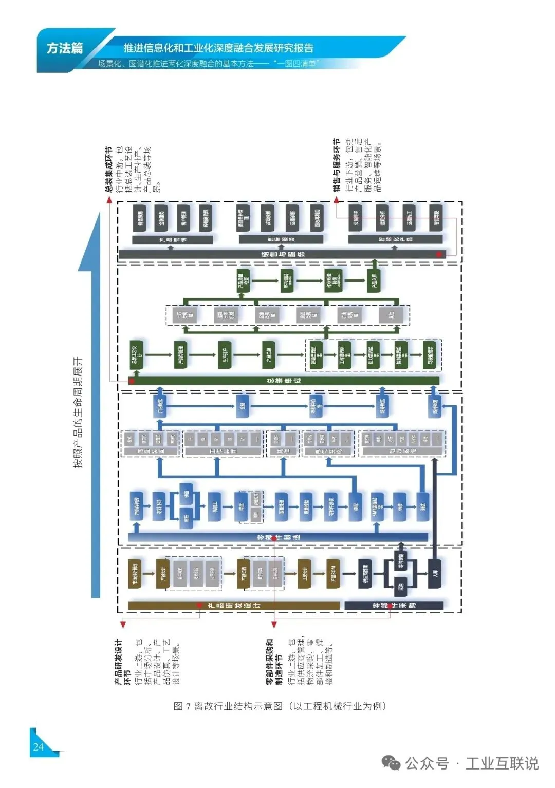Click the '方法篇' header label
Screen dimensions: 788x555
click(x=65, y=48)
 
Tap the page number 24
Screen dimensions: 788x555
click(x=38, y=747)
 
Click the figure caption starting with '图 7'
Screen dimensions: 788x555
click(x=280, y=706)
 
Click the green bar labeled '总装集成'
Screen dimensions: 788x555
click(x=285, y=381)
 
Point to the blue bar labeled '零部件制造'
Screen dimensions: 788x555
click(x=278, y=537)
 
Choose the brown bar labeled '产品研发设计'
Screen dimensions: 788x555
click(x=234, y=606)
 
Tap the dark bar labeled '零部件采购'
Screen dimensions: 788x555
click(x=394, y=606)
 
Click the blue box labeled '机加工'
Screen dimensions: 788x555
click(x=214, y=507)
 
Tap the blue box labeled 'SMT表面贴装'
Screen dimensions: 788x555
click(x=377, y=507)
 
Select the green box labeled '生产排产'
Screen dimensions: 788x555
click(x=225, y=355)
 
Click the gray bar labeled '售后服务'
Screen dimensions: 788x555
click(x=281, y=239)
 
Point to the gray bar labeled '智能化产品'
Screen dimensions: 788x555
click(x=395, y=239)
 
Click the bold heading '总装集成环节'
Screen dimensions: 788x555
click(x=108, y=170)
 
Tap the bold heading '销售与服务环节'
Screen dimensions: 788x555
click(x=337, y=165)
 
